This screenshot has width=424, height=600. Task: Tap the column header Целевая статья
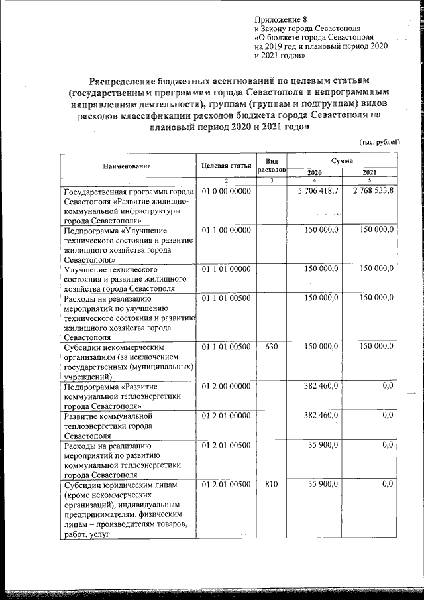[225, 166]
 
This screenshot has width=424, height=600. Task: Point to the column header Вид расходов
[271, 166]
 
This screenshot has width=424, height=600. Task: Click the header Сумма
[343, 161]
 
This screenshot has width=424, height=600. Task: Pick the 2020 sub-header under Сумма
[315, 172]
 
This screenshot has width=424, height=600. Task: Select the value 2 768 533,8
[372, 191]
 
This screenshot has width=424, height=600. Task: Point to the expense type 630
[270, 346]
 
